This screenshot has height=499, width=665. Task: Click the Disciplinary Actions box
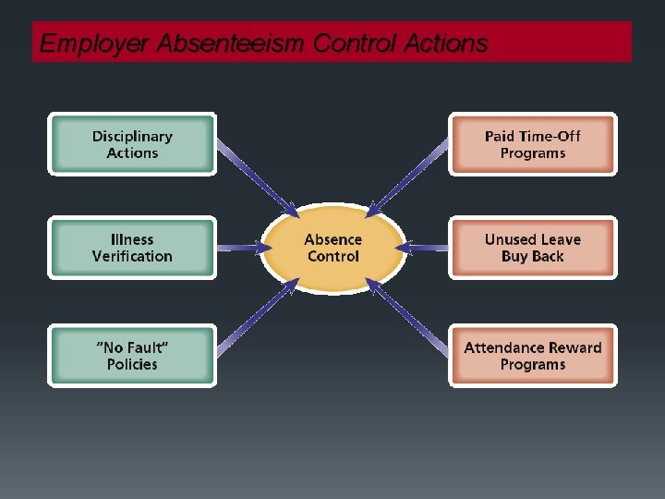click(132, 144)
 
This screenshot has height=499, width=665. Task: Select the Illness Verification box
click(132, 248)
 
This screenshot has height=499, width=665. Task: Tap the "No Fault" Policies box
click(132, 356)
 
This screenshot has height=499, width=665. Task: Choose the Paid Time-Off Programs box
click(532, 144)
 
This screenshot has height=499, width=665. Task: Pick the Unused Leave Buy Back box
click(532, 248)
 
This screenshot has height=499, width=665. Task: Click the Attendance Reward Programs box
click(532, 356)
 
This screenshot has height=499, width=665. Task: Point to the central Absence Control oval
click(332, 248)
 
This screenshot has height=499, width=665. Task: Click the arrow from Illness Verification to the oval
click(238, 247)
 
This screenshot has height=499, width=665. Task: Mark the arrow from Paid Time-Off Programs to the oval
click(412, 176)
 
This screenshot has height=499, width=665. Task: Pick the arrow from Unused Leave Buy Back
click(428, 248)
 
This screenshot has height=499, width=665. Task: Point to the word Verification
click(132, 256)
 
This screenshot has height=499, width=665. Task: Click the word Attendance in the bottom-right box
click(504, 347)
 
